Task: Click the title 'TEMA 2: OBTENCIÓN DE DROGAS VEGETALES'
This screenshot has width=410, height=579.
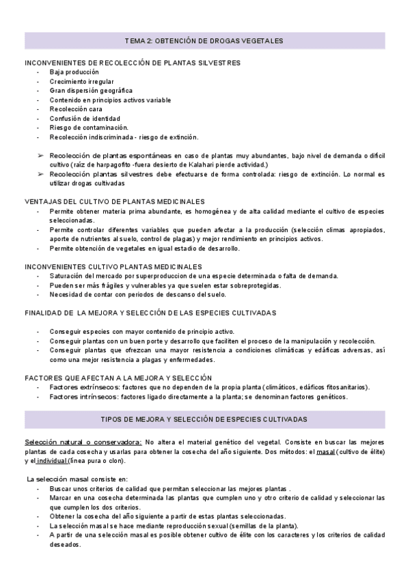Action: (204, 41)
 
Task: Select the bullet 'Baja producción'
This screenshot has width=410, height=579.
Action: (74, 72)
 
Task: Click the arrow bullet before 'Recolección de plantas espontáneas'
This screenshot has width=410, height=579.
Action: (40, 156)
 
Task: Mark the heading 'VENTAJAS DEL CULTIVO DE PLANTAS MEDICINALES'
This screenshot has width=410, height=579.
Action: (115, 202)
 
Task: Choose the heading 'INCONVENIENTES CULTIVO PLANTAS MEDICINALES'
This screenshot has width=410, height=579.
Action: (113, 266)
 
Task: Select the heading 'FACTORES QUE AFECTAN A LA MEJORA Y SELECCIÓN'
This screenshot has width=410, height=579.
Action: (118, 378)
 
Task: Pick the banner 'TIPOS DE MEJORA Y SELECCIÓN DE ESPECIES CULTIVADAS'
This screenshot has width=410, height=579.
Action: (204, 419)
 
